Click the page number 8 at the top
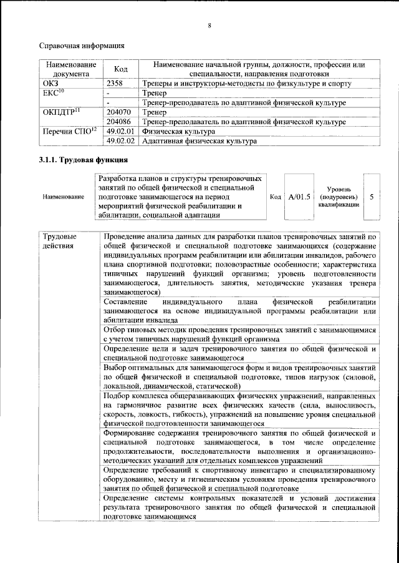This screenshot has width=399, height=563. (209, 26)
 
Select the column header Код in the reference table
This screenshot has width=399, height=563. (121, 69)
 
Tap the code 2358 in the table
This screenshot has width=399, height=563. (116, 84)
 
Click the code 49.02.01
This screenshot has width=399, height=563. (121, 132)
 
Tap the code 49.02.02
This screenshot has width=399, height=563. (121, 142)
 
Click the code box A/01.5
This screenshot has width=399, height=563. (299, 197)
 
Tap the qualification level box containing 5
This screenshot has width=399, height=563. (372, 197)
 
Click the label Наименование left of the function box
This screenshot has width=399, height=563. (63, 197)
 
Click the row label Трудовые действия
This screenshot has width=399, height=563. (60, 241)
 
